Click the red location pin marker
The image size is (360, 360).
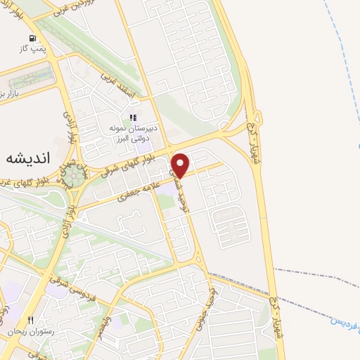pyautogui.click(x=181, y=165)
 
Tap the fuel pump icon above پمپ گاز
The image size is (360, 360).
pyautogui.click(x=32, y=38)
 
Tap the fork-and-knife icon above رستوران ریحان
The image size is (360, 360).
pyautogui.click(x=30, y=320)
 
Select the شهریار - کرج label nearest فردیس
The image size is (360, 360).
pyautogui.click(x=282, y=316)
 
